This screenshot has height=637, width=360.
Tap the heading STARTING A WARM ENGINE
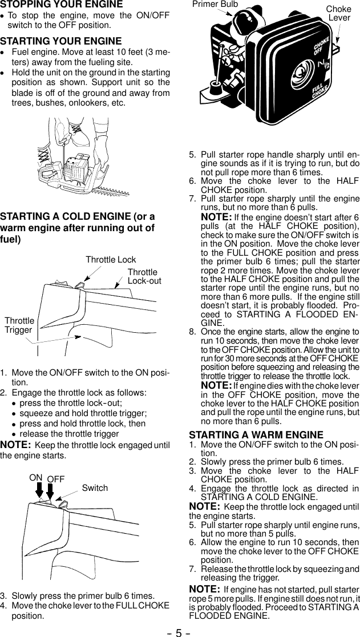256,435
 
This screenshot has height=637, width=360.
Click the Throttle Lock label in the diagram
111,260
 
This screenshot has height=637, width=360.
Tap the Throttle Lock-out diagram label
144,277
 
